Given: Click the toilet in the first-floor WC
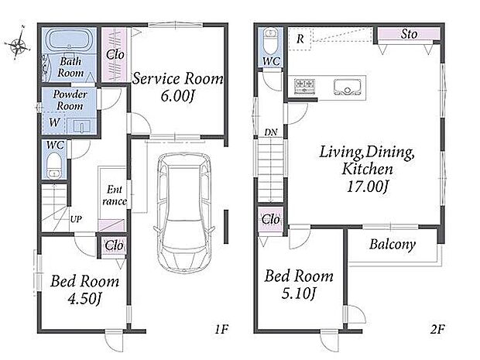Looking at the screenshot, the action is pyautogui.click(x=54, y=166).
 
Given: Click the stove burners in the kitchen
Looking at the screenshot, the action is pyautogui.click(x=304, y=86).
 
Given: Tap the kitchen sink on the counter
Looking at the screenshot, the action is pyautogui.click(x=348, y=87).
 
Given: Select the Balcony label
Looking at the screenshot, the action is pyautogui.click(x=393, y=245).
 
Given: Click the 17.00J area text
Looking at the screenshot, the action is pyautogui.click(x=367, y=186).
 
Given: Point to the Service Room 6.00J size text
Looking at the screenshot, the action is pyautogui.click(x=177, y=96).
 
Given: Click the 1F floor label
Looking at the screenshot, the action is pyautogui.click(x=221, y=329).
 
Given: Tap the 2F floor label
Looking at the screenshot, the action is pyautogui.click(x=437, y=329).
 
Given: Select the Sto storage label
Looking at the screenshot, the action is pyautogui.click(x=409, y=34).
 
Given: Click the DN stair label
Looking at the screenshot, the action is pyautogui.click(x=271, y=132).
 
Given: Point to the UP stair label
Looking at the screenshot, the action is pyautogui.click(x=76, y=219).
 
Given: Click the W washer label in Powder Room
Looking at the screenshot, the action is pyautogui.click(x=54, y=122).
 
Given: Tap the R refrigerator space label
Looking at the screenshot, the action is pyautogui.click(x=300, y=39).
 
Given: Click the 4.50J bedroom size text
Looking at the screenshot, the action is pyautogui.click(x=84, y=298).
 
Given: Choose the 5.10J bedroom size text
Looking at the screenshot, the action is pyautogui.click(x=299, y=293).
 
